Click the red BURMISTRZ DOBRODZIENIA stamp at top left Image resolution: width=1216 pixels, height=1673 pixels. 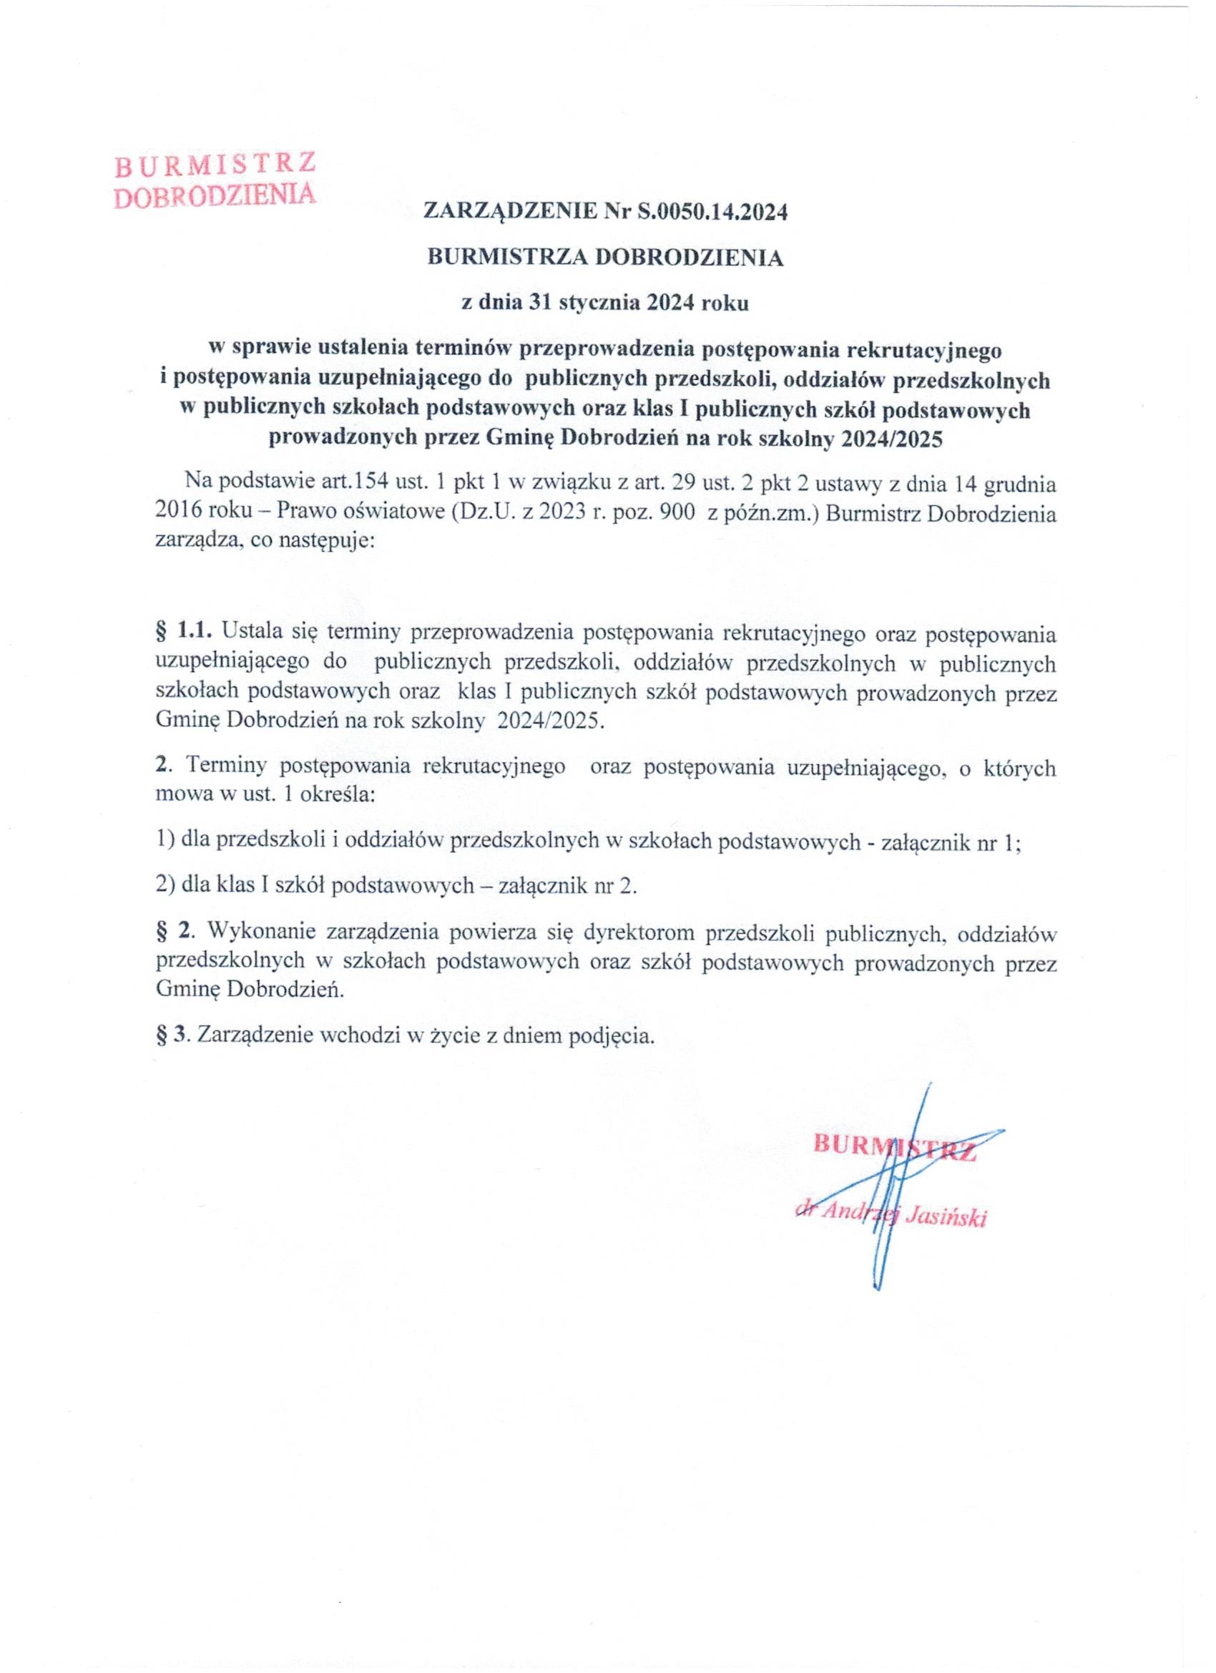click(x=215, y=181)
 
